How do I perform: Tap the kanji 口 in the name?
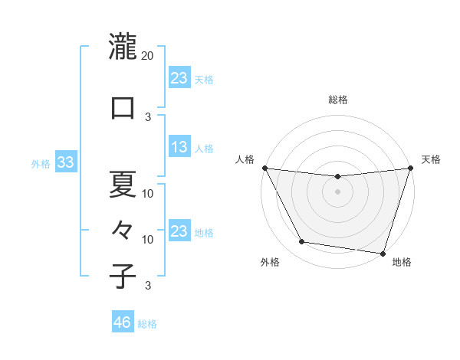123,107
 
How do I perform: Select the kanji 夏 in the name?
123,184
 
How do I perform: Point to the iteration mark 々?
123,228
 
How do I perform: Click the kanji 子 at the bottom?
123,276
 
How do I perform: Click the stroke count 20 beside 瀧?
148,56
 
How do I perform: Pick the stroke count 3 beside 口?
148,116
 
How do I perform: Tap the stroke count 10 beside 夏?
148,193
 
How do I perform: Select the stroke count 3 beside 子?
148,286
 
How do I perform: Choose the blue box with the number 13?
179,147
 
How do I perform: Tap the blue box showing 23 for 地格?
179,231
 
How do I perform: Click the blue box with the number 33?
65,162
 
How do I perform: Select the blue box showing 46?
123,322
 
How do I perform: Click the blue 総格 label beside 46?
147,324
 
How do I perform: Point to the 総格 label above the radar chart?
338,100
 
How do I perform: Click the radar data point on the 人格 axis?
264,168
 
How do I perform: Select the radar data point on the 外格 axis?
302,242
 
